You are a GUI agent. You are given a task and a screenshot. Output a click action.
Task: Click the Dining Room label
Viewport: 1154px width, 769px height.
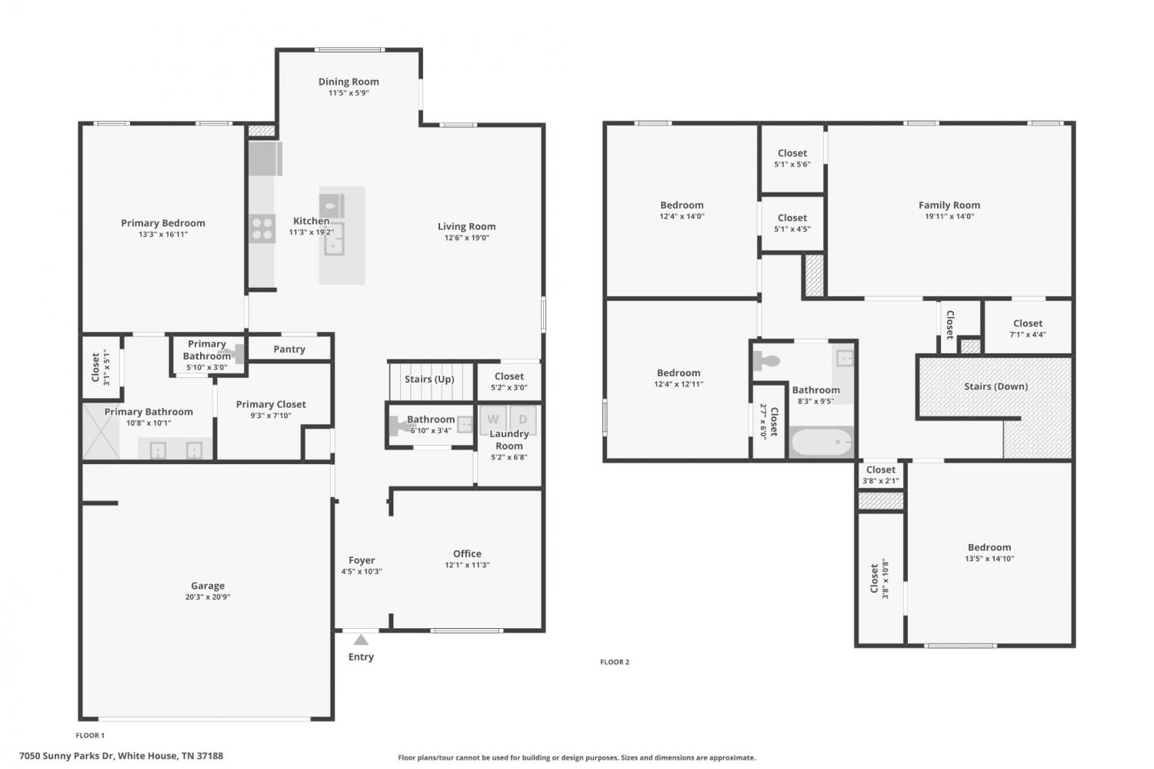tap(349, 82)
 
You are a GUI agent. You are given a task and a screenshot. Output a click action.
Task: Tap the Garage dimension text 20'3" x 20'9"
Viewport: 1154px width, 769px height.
tap(208, 597)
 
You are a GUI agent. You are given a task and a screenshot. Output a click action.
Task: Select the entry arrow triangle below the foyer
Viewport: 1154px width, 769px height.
tap(361, 640)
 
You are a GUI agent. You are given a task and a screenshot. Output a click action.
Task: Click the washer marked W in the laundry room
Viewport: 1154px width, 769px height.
tap(492, 420)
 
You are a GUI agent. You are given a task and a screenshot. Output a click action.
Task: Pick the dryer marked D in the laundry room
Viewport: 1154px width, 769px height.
tap(523, 420)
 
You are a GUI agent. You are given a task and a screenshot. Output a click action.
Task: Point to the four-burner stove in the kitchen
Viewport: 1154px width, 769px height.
tap(262, 229)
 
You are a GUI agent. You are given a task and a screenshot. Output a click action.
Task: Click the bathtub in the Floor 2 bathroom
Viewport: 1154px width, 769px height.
tap(821, 442)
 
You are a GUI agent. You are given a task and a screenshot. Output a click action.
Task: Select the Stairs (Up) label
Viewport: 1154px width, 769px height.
tap(429, 379)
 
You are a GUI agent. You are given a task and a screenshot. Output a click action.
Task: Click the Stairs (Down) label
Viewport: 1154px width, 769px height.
tap(996, 386)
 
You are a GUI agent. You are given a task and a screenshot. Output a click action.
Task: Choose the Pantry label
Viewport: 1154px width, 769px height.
tap(289, 349)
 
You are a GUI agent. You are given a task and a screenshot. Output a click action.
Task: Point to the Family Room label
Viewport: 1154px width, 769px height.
tap(949, 205)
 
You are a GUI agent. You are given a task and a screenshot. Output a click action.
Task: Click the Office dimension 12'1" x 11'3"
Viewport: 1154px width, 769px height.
tap(467, 565)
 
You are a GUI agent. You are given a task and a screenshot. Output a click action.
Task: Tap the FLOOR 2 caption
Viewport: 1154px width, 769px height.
tap(615, 662)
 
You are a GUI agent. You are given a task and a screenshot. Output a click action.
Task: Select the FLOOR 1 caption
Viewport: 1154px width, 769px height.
tap(90, 735)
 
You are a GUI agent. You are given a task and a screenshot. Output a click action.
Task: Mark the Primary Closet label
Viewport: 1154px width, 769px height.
tap(271, 404)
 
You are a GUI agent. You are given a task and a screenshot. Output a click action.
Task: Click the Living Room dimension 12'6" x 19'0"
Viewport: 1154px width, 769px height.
tap(467, 238)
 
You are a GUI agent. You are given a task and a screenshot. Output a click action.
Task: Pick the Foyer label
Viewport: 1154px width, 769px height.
tap(362, 560)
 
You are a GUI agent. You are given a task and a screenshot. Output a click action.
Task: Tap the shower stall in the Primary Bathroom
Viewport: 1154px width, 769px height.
tap(101, 431)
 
